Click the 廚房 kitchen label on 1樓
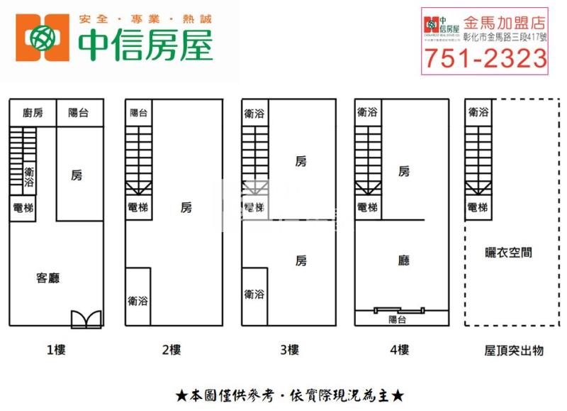[x=33, y=112]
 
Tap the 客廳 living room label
[x=47, y=278]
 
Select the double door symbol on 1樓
[x=86, y=319]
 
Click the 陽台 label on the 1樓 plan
[x=78, y=112]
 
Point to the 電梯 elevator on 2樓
[x=138, y=207]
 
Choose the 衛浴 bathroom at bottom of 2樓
[x=138, y=300]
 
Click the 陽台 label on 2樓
[x=139, y=112]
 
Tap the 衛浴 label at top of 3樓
[x=254, y=112]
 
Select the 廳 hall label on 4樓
[x=404, y=261]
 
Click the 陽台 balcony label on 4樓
[x=398, y=319]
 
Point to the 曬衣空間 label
[x=508, y=252]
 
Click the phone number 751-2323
[x=484, y=60]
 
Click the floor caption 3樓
[x=288, y=349]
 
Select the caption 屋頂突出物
[x=513, y=350]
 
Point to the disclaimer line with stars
[x=289, y=394]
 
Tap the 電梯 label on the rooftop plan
[x=478, y=207]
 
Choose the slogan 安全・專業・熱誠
[x=146, y=19]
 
